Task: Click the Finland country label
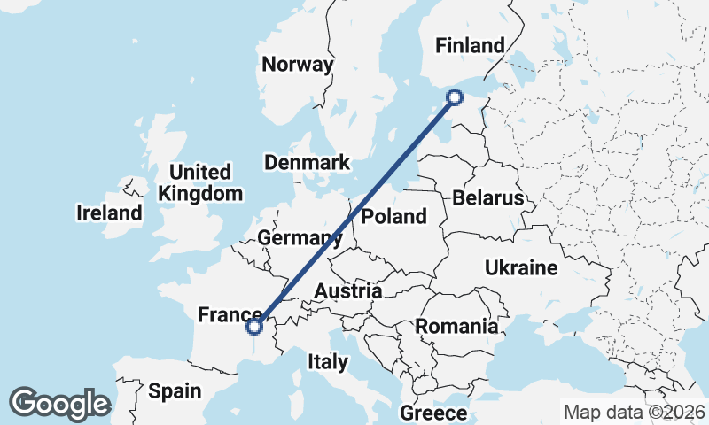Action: [470, 46]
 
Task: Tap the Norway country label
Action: [298, 65]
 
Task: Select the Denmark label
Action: [308, 163]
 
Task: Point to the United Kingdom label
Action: [200, 182]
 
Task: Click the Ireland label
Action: [109, 212]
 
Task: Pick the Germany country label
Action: [300, 237]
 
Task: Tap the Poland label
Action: [394, 216]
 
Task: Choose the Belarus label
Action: [488, 198]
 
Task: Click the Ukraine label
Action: [520, 267]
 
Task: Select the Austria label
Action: [348, 290]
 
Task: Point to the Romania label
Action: [456, 326]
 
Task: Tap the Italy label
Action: [327, 361]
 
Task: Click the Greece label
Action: [433, 413]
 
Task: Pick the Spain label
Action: [175, 390]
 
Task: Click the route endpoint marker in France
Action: [254, 327]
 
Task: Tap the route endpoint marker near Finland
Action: [455, 97]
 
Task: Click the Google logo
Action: [59, 404]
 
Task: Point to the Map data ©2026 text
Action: [635, 412]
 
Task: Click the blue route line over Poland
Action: [372, 196]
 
